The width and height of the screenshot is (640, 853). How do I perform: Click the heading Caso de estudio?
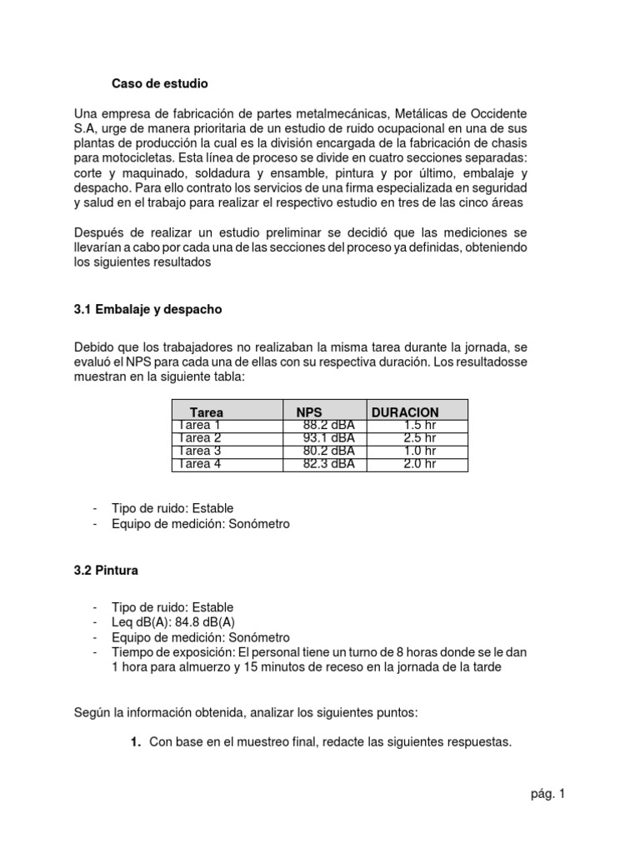click(x=160, y=84)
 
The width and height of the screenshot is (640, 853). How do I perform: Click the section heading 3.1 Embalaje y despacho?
click(x=148, y=309)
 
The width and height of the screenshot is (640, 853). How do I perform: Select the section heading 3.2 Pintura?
click(x=107, y=571)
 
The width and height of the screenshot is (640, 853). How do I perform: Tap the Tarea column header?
click(x=207, y=412)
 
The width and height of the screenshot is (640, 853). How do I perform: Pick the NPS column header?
click(x=308, y=412)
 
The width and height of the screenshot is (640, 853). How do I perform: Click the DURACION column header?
click(x=405, y=412)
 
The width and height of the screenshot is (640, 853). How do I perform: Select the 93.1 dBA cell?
click(x=329, y=437)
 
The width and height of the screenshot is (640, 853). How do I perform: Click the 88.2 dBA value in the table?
click(x=329, y=425)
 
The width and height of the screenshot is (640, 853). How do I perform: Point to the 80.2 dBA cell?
click(x=329, y=451)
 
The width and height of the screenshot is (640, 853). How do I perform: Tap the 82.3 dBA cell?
click(x=329, y=464)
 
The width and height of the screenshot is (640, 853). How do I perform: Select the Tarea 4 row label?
click(x=200, y=464)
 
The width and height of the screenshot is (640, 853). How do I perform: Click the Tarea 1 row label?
click(x=200, y=425)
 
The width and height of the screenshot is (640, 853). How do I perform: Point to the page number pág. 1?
click(x=547, y=794)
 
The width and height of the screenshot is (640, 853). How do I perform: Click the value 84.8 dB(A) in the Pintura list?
click(x=212, y=622)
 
